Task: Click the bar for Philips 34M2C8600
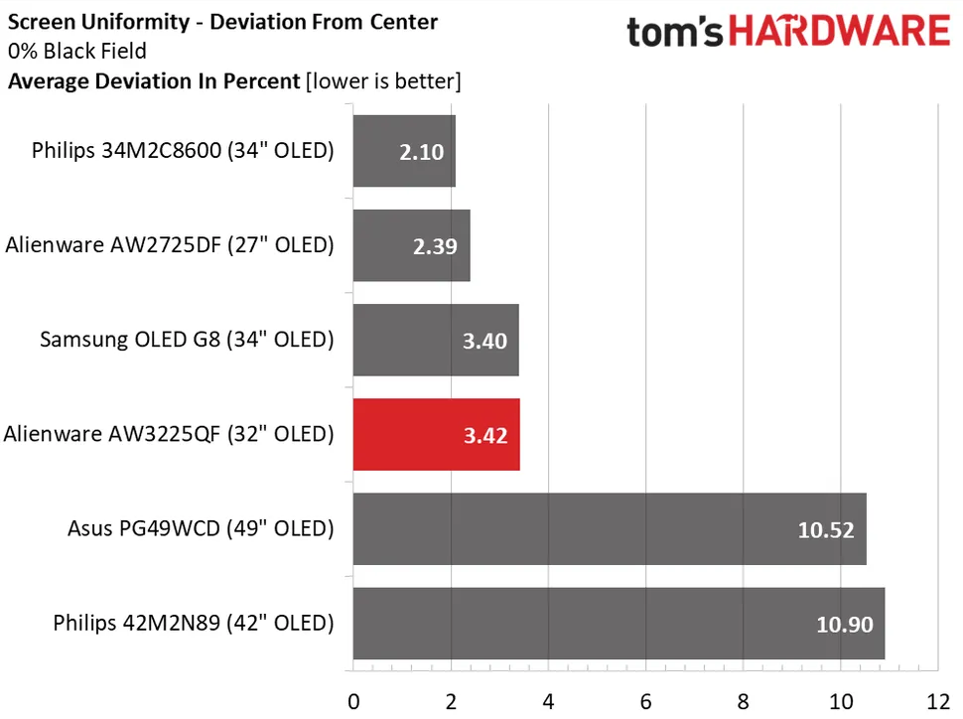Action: [x=404, y=151]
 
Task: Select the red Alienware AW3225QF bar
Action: [x=436, y=435]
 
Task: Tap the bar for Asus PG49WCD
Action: [x=609, y=528]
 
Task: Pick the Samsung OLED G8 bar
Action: [x=436, y=341]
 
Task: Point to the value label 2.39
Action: [x=436, y=246]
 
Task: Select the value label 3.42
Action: [x=484, y=435]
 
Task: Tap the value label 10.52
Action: [x=825, y=529]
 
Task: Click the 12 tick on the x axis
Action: [x=937, y=701]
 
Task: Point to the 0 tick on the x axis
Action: [x=353, y=701]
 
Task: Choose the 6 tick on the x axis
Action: [x=646, y=701]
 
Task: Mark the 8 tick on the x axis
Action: [x=744, y=701]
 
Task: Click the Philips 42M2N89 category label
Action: [x=193, y=624]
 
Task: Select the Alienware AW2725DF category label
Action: [x=169, y=244]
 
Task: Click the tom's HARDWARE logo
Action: [x=787, y=31]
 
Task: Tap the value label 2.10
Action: [x=421, y=152]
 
